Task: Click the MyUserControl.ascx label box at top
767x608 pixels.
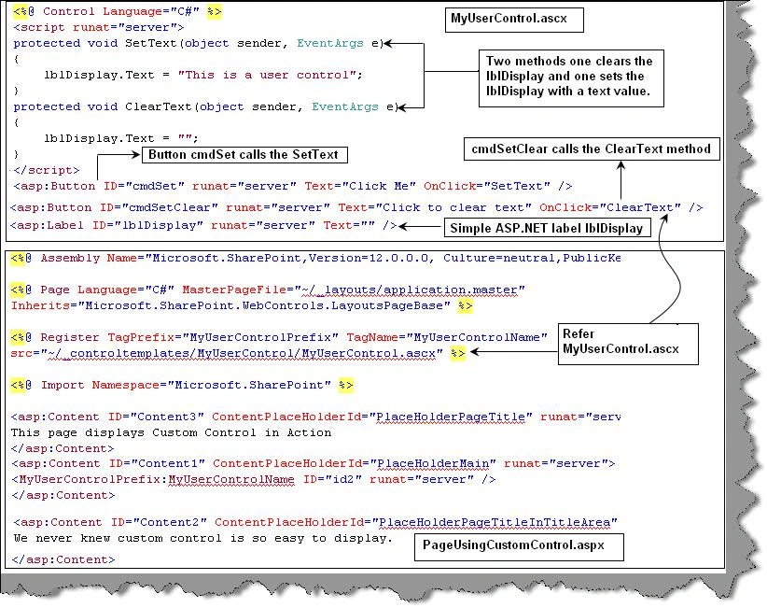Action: pos(514,20)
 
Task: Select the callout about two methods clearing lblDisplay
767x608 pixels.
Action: pos(571,78)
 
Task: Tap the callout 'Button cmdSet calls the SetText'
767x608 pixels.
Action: pos(244,155)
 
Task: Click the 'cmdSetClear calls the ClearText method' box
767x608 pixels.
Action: pos(592,148)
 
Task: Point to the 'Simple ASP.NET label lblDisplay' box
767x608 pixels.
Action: pos(547,228)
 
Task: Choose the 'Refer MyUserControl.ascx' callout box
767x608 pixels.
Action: pos(628,344)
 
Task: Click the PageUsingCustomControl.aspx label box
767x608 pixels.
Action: pos(519,546)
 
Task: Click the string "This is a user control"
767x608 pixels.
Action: pos(270,75)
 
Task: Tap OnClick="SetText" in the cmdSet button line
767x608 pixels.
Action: pos(487,186)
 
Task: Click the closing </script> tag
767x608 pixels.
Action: pos(47,170)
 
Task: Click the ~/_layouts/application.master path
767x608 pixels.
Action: pos(412,290)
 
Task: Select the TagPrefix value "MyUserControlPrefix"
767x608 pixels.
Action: pos(264,337)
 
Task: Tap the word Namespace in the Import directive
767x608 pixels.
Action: pos(125,385)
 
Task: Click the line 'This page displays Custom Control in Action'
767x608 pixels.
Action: pos(171,432)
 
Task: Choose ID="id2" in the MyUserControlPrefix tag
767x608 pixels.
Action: pos(332,479)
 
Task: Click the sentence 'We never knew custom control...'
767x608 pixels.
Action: pos(203,539)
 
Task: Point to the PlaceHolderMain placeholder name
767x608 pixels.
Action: pos(433,463)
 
